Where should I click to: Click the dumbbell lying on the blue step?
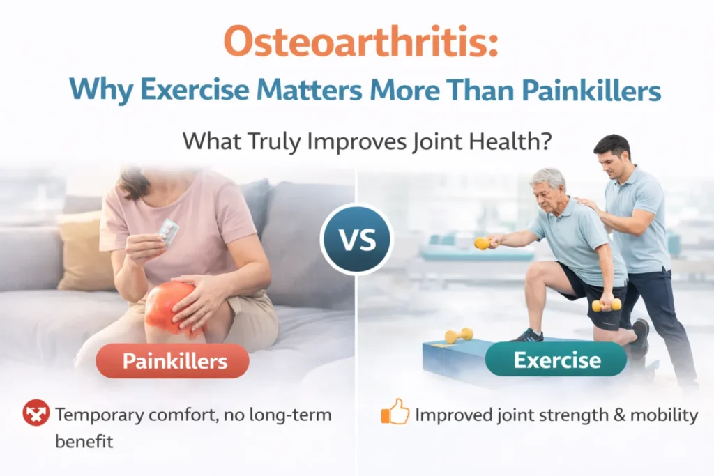(459, 335)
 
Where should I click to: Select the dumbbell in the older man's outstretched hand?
(482, 243)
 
